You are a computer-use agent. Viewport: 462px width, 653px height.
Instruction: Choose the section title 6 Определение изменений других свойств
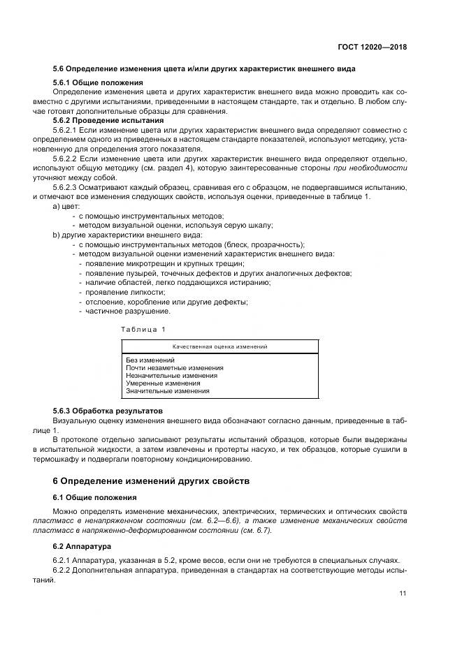point(150,481)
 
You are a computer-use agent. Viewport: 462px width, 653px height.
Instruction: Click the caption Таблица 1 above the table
point(143,328)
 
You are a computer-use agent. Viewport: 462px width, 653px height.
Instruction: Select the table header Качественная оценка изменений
point(220,346)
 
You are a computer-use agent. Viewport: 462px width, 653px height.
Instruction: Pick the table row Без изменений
point(150,360)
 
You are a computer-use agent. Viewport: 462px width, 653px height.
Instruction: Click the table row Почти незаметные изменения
point(175,368)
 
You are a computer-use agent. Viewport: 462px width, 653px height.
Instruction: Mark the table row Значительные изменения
point(168,391)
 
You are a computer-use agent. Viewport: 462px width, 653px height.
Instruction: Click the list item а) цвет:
point(67,206)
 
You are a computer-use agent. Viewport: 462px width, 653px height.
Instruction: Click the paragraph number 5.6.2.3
point(66,187)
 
